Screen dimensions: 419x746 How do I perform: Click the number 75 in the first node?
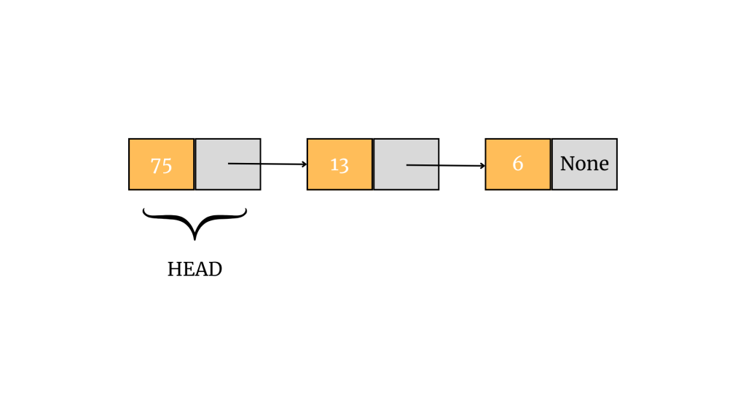pos(161,165)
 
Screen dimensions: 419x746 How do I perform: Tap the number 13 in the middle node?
pos(339,164)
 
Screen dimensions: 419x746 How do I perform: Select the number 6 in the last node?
pos(517,164)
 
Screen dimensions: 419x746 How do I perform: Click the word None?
pos(584,164)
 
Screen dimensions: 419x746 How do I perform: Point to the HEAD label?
pos(195,269)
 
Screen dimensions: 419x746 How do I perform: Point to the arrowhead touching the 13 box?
pos(305,164)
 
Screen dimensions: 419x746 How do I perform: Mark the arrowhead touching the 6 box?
pos(482,166)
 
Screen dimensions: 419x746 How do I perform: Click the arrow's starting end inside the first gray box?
pos(229,163)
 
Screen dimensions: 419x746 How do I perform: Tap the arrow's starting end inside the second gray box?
pos(408,164)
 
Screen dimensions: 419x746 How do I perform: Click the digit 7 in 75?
pos(156,165)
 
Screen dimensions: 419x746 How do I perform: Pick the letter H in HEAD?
pos(173,269)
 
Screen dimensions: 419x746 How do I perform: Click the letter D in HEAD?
pos(215,269)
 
